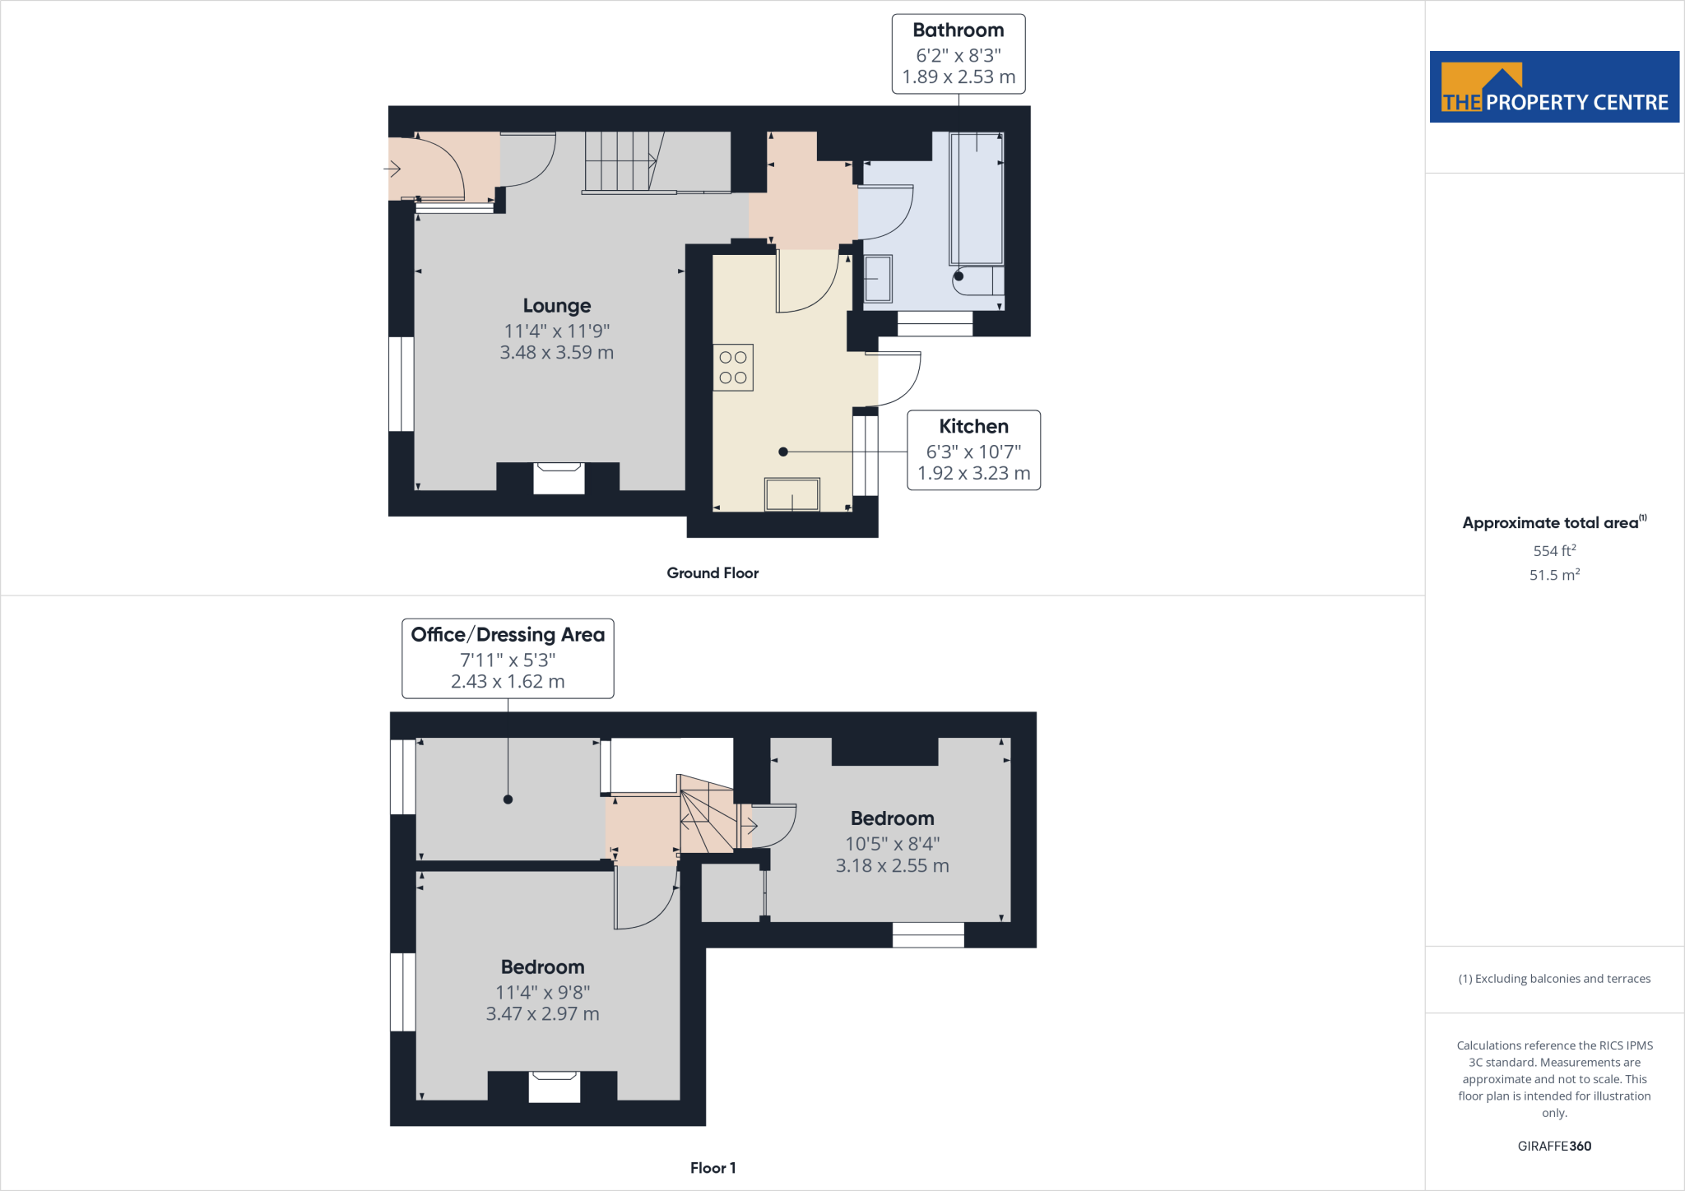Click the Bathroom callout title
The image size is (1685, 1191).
pyautogui.click(x=958, y=30)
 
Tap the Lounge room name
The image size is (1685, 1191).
pyautogui.click(x=557, y=306)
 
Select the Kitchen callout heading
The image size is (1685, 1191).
pyautogui.click(x=973, y=426)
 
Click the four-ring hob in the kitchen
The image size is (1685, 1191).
pyautogui.click(x=733, y=368)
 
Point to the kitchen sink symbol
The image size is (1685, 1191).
pyautogui.click(x=792, y=494)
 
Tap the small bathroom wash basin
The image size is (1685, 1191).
pyautogui.click(x=878, y=279)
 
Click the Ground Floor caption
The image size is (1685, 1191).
pyautogui.click(x=713, y=573)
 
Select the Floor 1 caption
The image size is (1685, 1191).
pyautogui.click(x=713, y=1168)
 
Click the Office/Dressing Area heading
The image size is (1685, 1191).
pyautogui.click(x=508, y=635)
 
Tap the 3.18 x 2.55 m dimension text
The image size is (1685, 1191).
pyautogui.click(x=892, y=866)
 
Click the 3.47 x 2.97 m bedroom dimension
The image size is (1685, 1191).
pyautogui.click(x=542, y=1014)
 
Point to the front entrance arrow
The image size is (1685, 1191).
pyautogui.click(x=392, y=169)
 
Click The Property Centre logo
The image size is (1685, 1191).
pyautogui.click(x=1554, y=87)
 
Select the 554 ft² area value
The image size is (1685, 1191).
pyautogui.click(x=1554, y=551)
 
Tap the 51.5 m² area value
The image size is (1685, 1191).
pyautogui.click(x=1554, y=575)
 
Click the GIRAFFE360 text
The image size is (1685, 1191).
pyautogui.click(x=1554, y=1146)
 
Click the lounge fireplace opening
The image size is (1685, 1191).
pyautogui.click(x=559, y=479)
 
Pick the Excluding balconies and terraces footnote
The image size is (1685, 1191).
pyautogui.click(x=1554, y=979)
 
